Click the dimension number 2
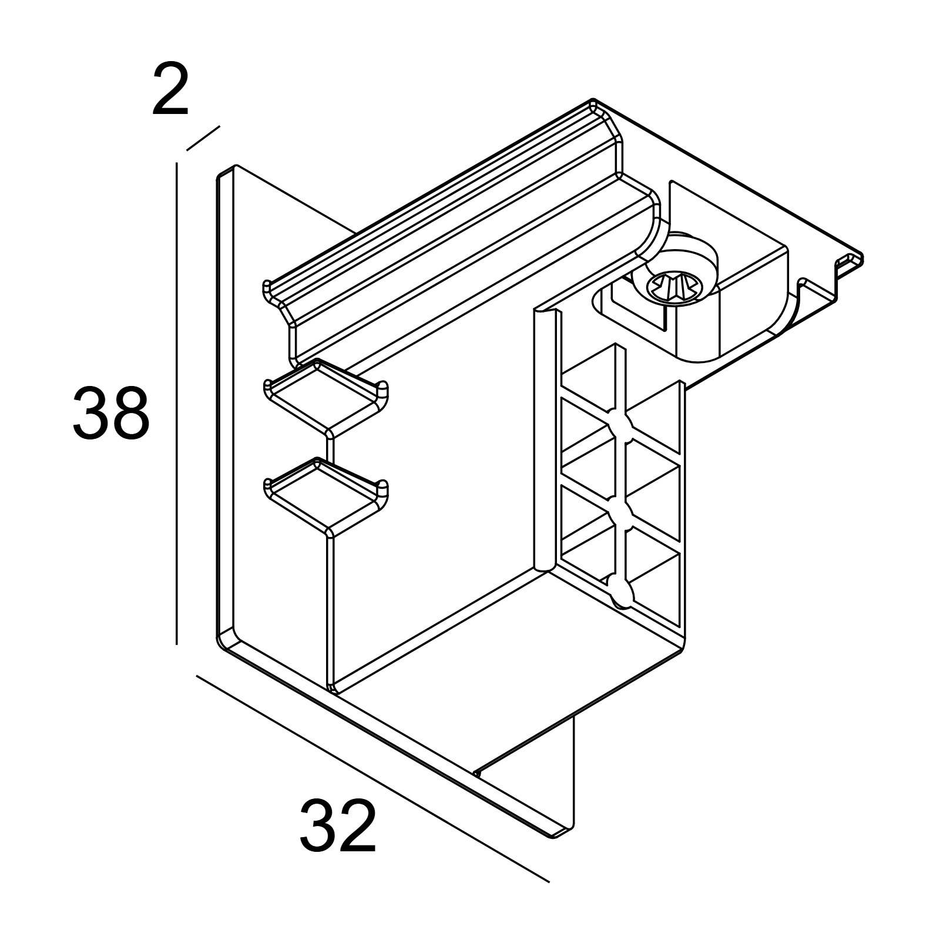coord(170,89)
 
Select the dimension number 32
coord(338,825)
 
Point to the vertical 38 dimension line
coord(177,403)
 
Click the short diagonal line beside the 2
coord(203,138)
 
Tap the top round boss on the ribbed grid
coord(620,425)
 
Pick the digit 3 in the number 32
coord(318,825)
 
